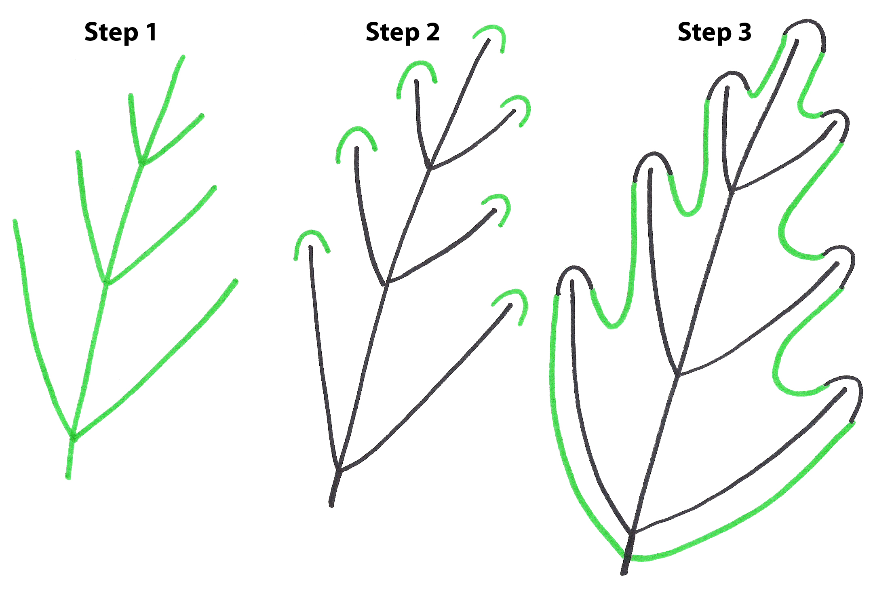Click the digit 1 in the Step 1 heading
(x=152, y=32)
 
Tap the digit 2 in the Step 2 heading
(x=432, y=32)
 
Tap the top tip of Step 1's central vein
(x=183, y=57)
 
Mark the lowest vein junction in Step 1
(x=73, y=436)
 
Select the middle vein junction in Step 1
(x=106, y=280)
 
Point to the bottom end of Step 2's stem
(x=331, y=504)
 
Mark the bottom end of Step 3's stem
(x=624, y=572)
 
